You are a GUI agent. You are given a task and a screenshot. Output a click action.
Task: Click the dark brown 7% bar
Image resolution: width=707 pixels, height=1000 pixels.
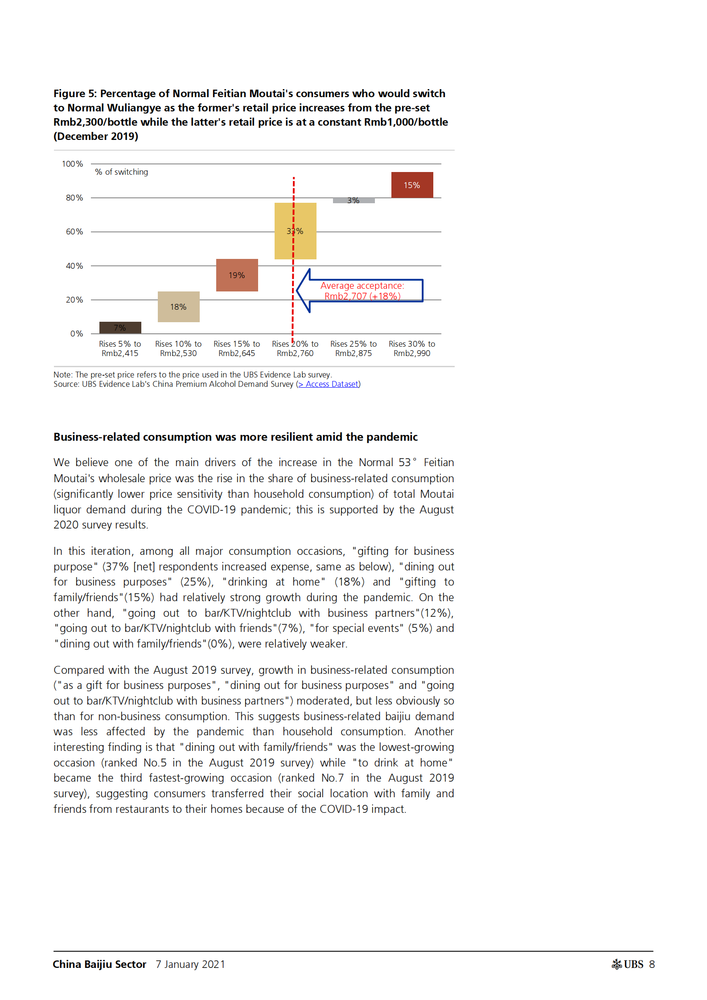point(120,328)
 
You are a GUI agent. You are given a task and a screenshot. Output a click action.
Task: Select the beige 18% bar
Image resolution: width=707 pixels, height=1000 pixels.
point(178,307)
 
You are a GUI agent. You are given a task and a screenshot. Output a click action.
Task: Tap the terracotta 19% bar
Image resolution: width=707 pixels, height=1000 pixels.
point(237,275)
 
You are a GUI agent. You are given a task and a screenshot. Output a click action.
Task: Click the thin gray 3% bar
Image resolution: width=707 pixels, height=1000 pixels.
point(353,201)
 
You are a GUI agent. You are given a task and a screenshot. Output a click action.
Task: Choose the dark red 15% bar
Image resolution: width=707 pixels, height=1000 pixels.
point(412,184)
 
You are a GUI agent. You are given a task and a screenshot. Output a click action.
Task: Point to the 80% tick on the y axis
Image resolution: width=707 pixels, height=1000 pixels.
point(74,197)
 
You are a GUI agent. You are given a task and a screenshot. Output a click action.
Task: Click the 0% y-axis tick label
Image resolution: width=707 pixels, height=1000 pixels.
point(77,334)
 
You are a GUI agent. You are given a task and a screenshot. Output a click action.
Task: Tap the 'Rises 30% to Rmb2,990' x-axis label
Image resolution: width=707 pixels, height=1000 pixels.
point(412,348)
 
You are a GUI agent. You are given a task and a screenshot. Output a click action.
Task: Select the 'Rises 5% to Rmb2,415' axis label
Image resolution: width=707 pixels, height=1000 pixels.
point(120,348)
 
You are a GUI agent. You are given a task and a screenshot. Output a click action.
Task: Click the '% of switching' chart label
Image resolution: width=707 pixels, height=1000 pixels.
point(121,172)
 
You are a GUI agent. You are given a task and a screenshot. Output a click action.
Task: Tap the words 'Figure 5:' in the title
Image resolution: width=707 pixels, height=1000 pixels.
point(75,94)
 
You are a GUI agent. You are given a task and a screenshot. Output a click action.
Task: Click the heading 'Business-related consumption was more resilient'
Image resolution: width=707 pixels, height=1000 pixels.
point(235,437)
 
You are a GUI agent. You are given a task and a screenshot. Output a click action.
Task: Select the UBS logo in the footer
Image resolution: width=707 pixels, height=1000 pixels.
point(628,964)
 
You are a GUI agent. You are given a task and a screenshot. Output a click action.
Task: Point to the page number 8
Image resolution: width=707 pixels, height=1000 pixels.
point(652,964)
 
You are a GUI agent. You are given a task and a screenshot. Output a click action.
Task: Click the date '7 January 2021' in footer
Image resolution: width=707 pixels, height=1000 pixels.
point(190,964)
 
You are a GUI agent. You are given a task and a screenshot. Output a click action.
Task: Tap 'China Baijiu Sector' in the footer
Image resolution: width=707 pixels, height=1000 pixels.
point(99,964)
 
